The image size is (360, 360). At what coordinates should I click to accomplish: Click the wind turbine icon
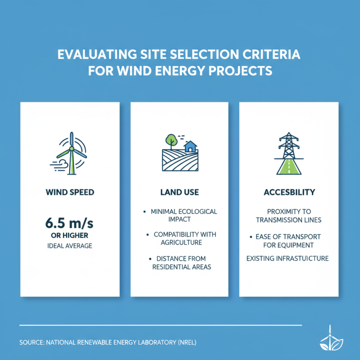71,153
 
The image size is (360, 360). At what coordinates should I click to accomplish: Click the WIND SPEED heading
70,192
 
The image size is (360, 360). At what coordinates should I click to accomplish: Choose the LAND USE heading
180,192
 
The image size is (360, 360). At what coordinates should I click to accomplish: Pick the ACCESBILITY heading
289,192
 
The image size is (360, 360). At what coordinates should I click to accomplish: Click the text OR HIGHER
70,235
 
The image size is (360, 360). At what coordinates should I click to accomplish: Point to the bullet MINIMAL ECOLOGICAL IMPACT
182,215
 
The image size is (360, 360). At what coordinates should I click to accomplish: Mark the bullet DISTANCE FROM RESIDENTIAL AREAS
182,262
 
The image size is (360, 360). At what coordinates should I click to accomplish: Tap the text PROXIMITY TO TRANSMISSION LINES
288,216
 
